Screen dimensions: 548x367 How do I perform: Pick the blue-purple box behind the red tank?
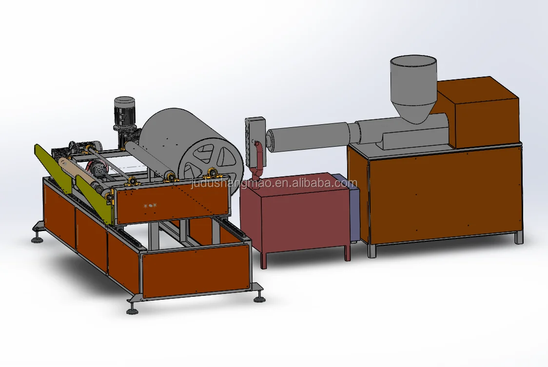coord(351,206)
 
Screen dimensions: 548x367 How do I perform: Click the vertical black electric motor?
coord(124,119)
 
